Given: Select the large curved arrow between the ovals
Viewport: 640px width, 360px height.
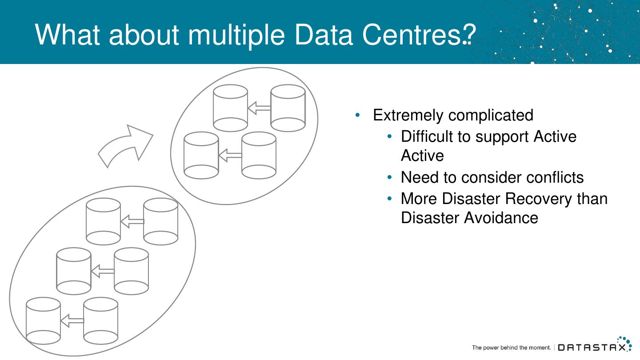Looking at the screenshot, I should click(125, 146).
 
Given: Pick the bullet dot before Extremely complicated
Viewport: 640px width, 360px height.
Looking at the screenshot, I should click(358, 115).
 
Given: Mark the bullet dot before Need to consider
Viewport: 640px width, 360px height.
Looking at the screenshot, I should click(390, 178).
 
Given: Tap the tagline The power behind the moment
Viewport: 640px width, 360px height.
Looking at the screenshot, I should click(511, 348).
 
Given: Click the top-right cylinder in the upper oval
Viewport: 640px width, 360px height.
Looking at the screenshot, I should click(288, 108).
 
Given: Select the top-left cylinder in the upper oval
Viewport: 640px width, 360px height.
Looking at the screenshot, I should click(230, 108).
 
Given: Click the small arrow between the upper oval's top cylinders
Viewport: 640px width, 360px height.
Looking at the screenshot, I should click(259, 108).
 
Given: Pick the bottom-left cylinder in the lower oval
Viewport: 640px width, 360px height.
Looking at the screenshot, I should click(43, 320).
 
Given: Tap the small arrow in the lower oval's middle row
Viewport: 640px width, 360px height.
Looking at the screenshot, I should click(102, 271).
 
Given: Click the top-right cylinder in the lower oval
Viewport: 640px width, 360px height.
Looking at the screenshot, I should click(160, 221).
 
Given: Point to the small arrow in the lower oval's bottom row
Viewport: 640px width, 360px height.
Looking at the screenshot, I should click(72, 320).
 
